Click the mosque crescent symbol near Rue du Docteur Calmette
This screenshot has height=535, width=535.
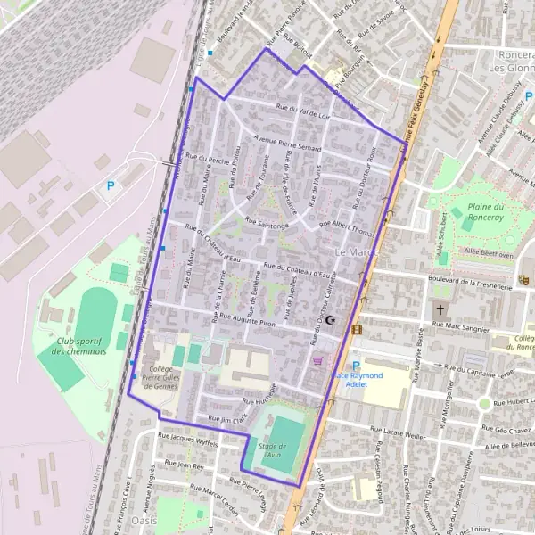click(x=333, y=319)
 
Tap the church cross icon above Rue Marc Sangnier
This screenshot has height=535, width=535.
click(x=440, y=310)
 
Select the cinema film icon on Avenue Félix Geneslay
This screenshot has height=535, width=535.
click(x=358, y=330)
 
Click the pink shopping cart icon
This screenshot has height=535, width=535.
click(x=317, y=361)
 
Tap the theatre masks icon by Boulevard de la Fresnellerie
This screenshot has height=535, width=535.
click(x=524, y=279)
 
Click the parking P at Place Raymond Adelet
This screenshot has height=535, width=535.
click(x=356, y=366)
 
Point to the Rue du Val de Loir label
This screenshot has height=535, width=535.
click(x=303, y=111)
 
